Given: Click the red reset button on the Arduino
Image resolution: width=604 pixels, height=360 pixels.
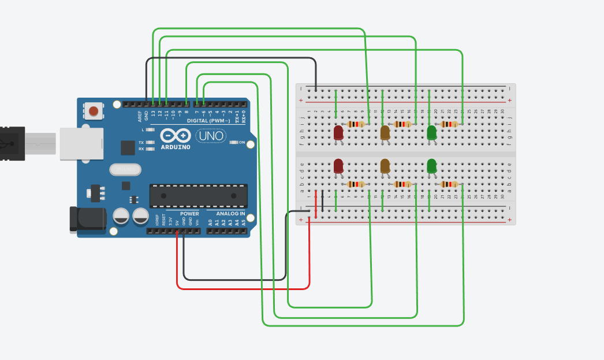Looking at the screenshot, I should click(93, 110).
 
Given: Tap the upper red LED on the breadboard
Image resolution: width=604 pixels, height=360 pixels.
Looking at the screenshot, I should click(338, 133).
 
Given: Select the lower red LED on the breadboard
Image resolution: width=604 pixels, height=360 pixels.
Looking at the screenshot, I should click(338, 166).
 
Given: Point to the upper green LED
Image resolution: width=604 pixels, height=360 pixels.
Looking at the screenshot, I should click(431, 133).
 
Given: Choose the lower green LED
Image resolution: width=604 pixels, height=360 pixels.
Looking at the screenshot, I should click(431, 166).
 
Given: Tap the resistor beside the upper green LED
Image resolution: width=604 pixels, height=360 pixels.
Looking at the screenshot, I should click(449, 124).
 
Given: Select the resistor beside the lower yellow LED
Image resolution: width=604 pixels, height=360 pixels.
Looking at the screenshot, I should click(402, 184).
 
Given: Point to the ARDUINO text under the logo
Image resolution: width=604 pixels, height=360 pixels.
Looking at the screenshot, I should click(174, 147).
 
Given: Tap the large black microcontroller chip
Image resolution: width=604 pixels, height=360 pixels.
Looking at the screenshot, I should click(198, 196).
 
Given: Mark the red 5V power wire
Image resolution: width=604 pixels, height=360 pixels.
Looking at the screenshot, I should click(243, 288).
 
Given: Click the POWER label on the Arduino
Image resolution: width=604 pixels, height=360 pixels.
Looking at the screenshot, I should click(189, 214).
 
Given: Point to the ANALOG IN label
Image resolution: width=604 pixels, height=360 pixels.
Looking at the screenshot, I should click(230, 214).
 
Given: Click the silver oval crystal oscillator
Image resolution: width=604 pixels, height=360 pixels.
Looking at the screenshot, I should click(124, 169).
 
